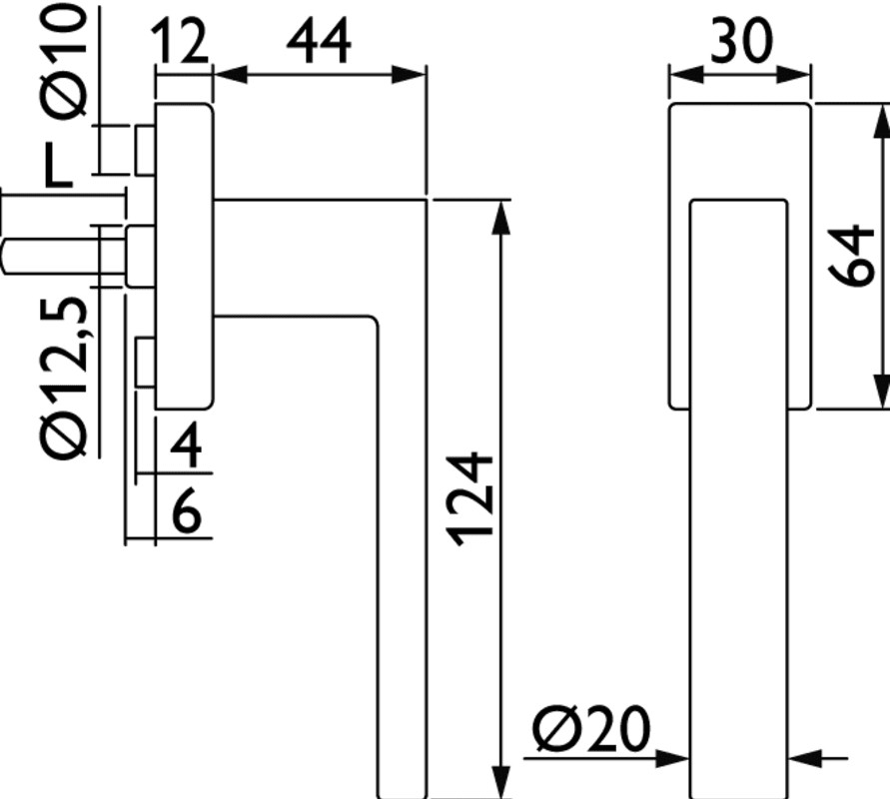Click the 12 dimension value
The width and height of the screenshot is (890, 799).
pos(182,42)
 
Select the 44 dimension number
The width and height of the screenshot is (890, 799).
pos(320,42)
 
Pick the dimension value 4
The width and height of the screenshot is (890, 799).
pos(186,448)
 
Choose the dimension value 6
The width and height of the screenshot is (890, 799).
pos(186,516)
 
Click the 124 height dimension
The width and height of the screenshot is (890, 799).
pos(469,499)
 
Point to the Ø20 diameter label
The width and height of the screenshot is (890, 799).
pos(590,732)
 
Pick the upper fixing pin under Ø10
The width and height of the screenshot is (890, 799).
pos(145,148)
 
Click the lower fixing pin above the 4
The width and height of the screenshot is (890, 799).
pos(145,365)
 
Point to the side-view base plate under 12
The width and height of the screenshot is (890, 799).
pos(184,255)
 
